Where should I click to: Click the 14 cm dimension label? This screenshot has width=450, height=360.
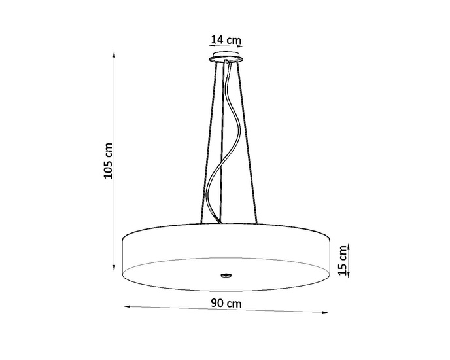point(226,40)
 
